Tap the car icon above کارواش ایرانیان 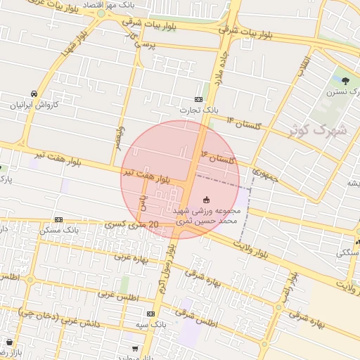pyautogui.click(x=34, y=94)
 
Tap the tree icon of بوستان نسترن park pyautogui.click(x=344, y=81)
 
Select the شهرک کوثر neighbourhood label pyautogui.click(x=319, y=129)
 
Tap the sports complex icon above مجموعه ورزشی pyautogui.click(x=206, y=200)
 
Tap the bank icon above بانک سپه pyautogui.click(x=150, y=314)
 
